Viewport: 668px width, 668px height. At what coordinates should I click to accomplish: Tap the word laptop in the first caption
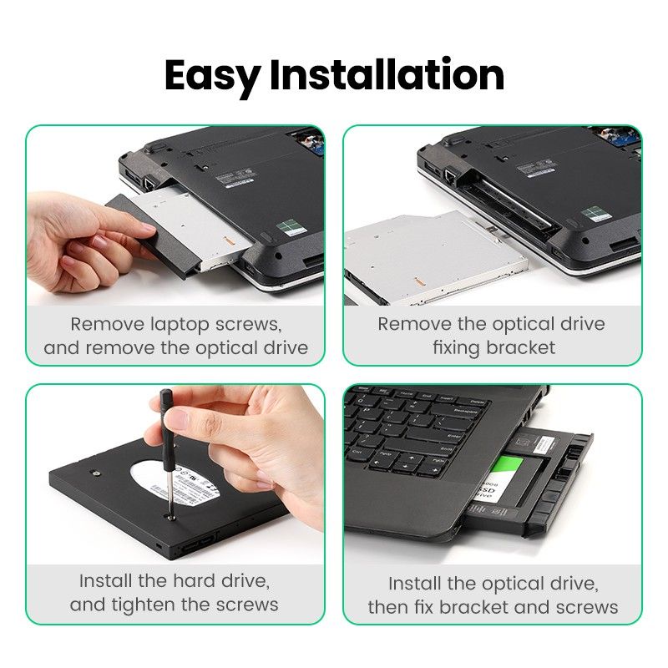point(177,324)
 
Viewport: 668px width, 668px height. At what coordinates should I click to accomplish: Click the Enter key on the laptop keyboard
point(454,436)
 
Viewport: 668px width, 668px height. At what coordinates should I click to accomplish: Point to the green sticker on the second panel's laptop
point(594,214)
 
